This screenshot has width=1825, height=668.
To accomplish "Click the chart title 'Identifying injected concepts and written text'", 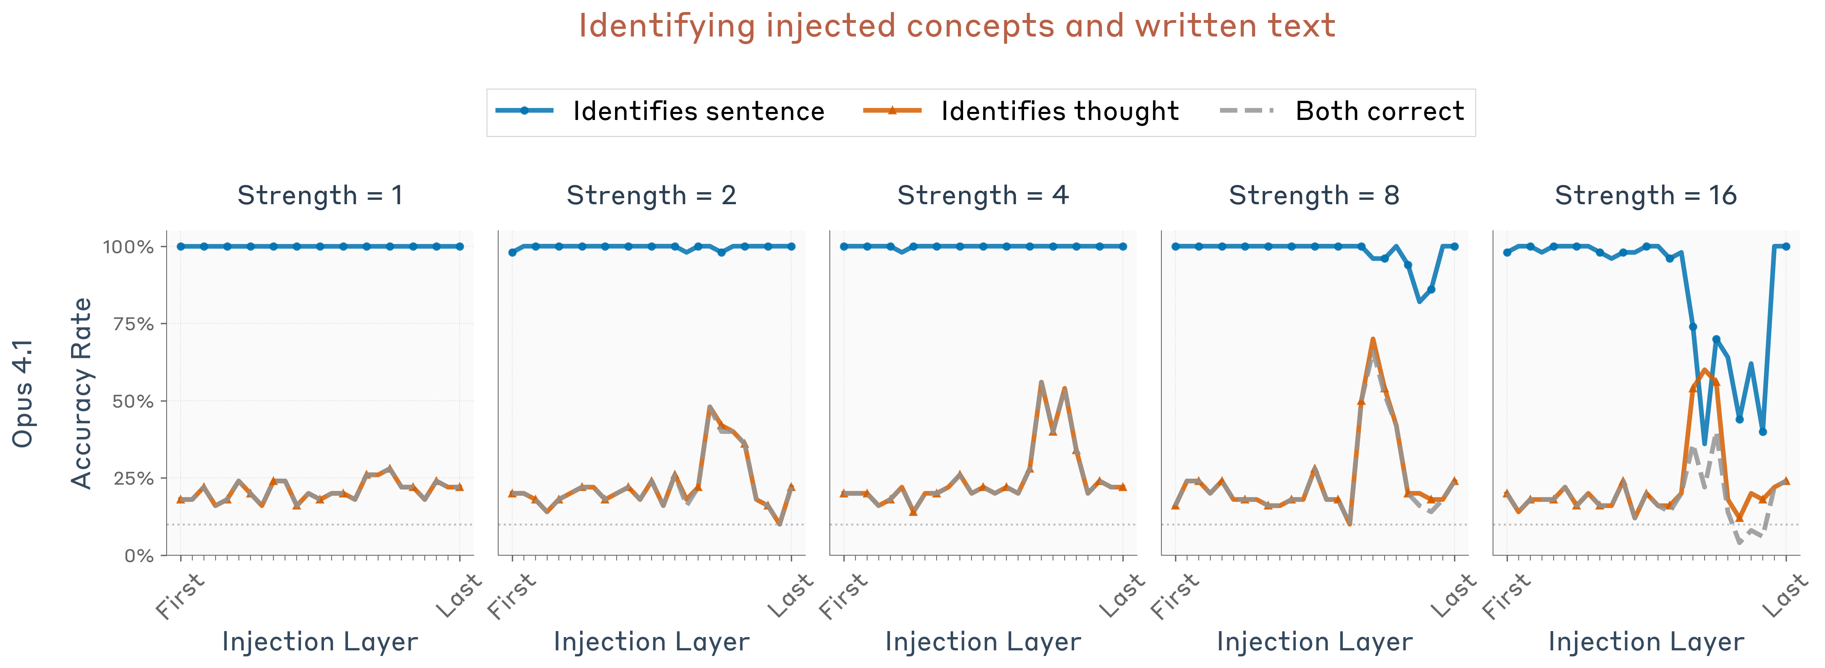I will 956,26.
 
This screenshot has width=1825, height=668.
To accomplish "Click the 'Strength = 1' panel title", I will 320,195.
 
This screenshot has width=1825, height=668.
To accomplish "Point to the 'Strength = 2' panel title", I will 651,195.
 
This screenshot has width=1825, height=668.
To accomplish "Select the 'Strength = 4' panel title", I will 983,195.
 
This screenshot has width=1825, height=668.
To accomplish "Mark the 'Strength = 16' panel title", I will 1645,195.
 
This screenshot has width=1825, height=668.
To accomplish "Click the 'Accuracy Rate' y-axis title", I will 81,393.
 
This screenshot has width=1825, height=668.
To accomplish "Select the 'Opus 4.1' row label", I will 22,393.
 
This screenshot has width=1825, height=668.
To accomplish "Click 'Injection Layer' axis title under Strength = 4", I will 983,642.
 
